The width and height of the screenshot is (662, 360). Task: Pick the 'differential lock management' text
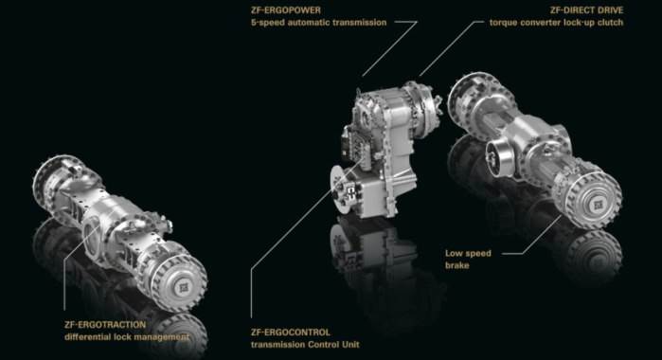[x=126, y=336]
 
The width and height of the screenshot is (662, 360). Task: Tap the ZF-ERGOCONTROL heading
[x=291, y=332]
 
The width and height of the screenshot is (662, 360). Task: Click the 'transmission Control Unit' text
[x=305, y=344]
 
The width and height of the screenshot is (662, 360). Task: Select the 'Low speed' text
[x=468, y=253]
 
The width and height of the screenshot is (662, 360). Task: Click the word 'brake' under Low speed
[x=457, y=265]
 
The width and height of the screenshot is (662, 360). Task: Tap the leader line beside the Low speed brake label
[x=510, y=253]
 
